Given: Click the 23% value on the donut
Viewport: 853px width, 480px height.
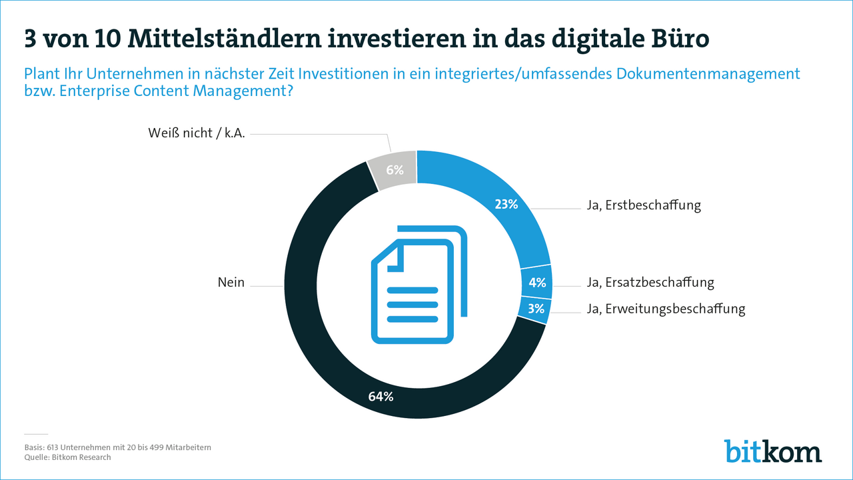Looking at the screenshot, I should click(x=506, y=205).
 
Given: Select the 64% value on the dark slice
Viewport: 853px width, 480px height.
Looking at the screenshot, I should click(x=381, y=397).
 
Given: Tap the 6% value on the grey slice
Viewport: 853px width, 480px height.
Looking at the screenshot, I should click(x=395, y=170).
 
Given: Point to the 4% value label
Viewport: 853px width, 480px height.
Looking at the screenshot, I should click(x=537, y=283).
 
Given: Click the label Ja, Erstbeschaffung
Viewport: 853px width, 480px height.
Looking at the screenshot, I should click(x=644, y=205).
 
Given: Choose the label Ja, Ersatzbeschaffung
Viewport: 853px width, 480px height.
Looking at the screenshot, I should click(x=650, y=283).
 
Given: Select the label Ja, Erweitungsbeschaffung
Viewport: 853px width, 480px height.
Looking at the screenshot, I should click(x=666, y=309).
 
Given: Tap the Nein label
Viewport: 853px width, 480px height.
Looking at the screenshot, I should click(x=231, y=283).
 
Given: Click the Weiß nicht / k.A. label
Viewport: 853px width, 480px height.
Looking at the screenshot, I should click(x=197, y=133).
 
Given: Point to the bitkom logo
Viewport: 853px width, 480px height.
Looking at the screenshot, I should click(x=773, y=451).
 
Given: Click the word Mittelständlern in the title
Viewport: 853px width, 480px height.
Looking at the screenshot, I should click(x=219, y=39).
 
